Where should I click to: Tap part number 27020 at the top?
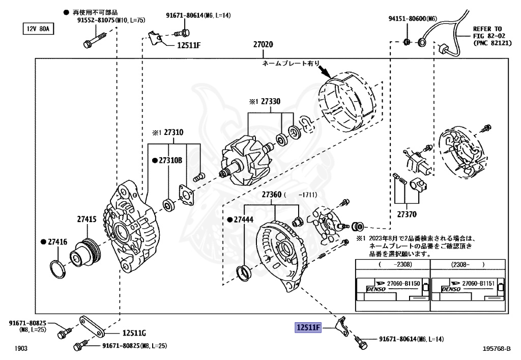coord(263,45)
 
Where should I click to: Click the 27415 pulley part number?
coord(86,219)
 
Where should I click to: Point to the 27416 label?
coord(56,242)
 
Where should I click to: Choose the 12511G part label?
coord(133,334)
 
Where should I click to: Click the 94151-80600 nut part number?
coord(413,19)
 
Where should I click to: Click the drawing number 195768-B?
coord(496,349)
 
